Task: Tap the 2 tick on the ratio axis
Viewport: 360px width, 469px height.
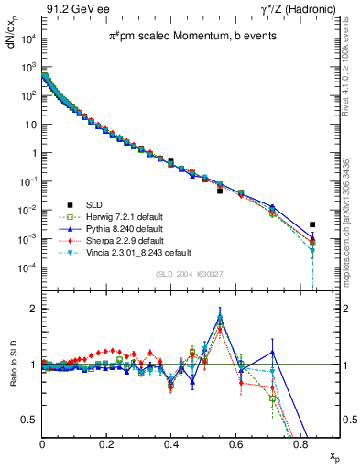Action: tap(35, 309)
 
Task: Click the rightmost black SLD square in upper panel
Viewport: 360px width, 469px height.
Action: tap(312, 224)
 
